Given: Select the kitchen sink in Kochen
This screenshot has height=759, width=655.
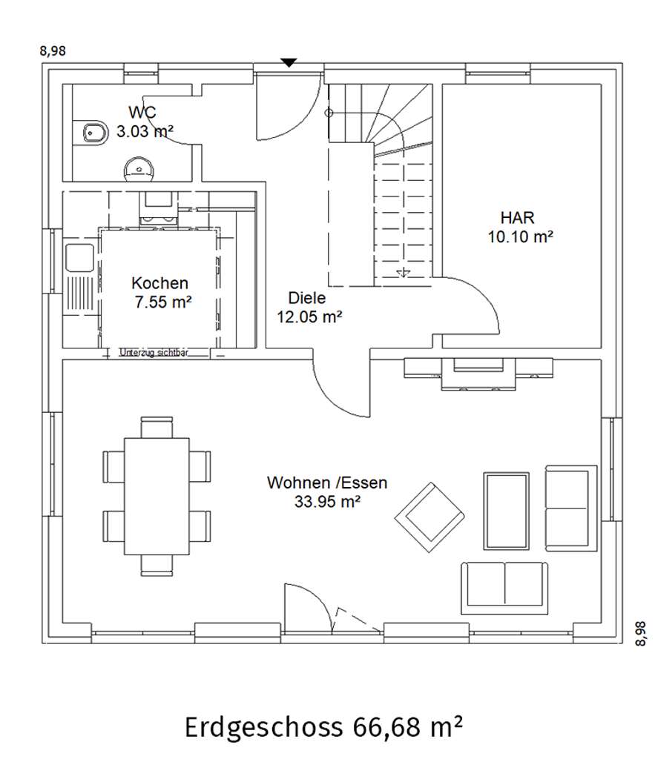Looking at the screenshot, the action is [x=77, y=257].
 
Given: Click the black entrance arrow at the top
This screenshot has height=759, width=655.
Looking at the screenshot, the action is [x=289, y=62].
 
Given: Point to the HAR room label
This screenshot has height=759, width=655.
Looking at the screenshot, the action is [x=518, y=218].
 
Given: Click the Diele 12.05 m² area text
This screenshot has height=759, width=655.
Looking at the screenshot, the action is [x=310, y=316].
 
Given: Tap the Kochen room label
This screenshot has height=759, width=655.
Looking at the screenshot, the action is [x=159, y=283].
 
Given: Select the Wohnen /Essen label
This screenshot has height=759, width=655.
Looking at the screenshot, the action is [x=327, y=483].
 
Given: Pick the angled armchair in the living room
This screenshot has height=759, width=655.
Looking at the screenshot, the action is [x=429, y=517].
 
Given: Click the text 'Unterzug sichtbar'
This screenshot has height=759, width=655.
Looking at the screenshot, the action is [x=154, y=353].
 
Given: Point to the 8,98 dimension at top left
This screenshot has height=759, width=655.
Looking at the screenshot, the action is [x=51, y=51].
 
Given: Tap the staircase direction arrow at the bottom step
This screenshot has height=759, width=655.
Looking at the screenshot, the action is [x=403, y=273].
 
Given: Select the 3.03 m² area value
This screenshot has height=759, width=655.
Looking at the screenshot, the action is [x=145, y=132].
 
